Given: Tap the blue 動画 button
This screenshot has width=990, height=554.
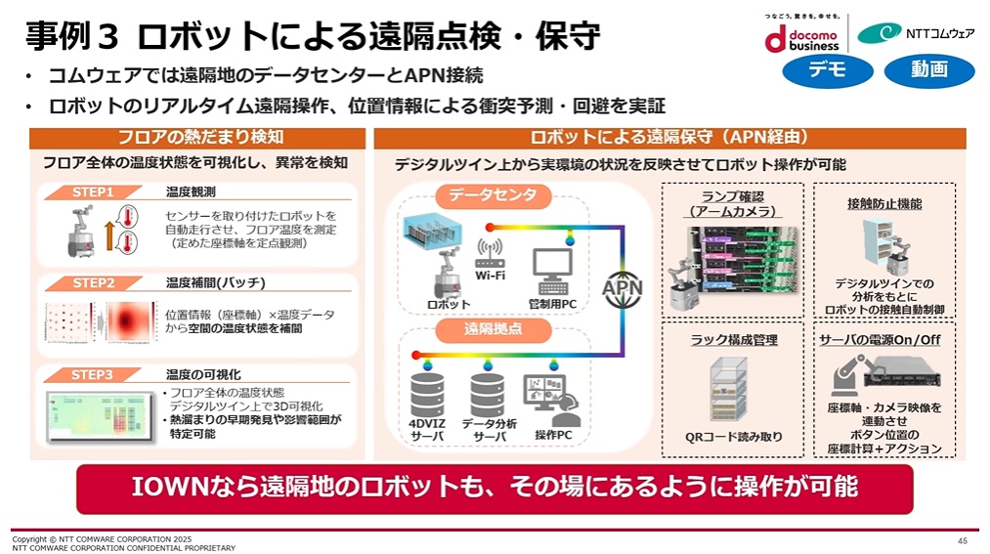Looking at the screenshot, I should [x=928, y=70].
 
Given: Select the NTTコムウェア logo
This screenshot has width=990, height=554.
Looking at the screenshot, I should [x=915, y=33].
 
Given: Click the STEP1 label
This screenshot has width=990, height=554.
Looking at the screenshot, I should [x=94, y=192].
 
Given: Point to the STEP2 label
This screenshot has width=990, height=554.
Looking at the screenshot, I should [x=94, y=283].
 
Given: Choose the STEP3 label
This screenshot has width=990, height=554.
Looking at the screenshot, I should [x=94, y=374].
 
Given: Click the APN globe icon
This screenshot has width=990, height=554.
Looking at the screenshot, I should [x=622, y=290].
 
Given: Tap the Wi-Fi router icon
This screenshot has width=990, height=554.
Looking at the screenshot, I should [x=490, y=257].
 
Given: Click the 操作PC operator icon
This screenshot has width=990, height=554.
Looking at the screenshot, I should [x=552, y=397].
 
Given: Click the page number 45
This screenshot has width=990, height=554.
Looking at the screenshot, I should [x=963, y=540].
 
